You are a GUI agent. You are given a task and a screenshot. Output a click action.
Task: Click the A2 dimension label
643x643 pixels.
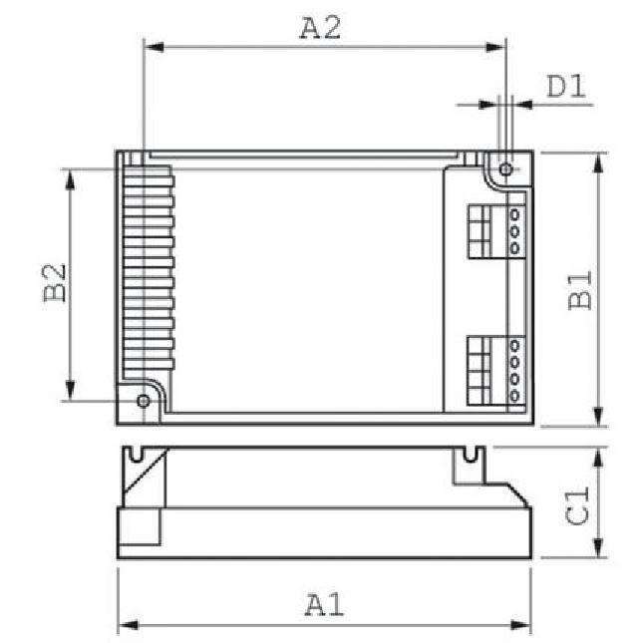(321, 27)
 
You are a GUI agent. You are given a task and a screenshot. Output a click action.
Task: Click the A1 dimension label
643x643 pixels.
(325, 604)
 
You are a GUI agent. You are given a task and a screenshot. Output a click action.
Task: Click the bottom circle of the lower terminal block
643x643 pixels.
(515, 396)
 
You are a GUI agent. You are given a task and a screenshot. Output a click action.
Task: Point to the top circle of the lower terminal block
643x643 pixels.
(515, 346)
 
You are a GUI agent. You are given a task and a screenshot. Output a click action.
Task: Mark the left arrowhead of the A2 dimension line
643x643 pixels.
(152, 45)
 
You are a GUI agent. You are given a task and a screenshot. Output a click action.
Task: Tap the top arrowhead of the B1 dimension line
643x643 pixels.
(598, 161)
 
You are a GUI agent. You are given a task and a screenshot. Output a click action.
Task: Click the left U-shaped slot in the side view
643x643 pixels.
(132, 456)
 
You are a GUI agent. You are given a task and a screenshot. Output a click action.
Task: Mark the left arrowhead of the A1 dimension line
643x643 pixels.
(126, 626)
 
